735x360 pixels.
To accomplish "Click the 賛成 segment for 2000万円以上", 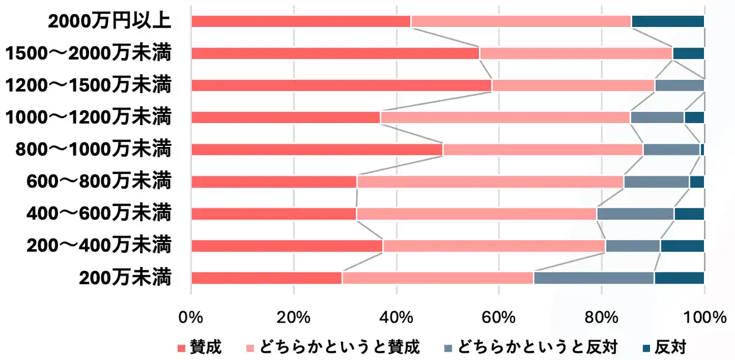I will coord(301,21).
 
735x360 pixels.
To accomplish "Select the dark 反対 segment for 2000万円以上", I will coord(667,21).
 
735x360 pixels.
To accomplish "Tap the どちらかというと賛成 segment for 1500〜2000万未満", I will coord(576,53).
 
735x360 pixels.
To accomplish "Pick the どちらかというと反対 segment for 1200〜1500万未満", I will coord(679,86).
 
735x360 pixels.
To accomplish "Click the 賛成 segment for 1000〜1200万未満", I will coord(285,118).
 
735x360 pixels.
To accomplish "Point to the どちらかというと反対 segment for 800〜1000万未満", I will coord(671,149).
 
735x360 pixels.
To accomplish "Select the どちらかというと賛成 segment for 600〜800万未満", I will coord(490,182).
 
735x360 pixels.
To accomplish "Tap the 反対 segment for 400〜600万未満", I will coord(689,214).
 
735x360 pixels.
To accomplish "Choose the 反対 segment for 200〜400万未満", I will coord(682,246).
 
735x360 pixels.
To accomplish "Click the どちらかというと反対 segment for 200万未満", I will coord(594,278).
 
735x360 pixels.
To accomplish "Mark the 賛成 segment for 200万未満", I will coord(266,278).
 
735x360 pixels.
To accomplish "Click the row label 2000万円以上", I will coord(110,21).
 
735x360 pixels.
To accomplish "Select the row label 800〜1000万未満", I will coord(93,149).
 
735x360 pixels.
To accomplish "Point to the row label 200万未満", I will coord(125,278).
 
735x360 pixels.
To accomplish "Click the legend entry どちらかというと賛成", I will coord(339,347).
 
